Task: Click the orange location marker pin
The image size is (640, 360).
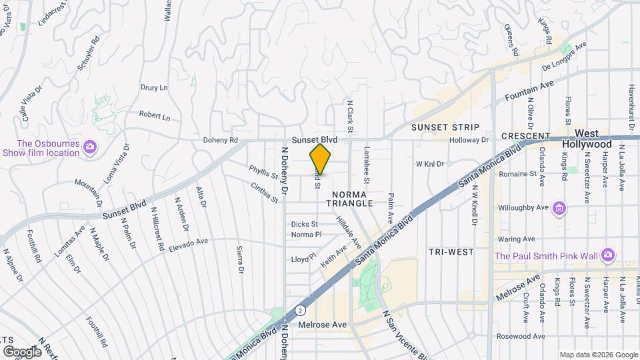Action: (321, 159)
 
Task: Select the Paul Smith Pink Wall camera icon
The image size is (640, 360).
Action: (607, 255)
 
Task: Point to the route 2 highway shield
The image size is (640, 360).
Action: (301, 310)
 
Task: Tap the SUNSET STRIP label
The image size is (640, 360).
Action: (445, 127)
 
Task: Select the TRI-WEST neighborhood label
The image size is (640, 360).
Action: (451, 252)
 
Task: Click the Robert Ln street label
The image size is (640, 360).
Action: (155, 117)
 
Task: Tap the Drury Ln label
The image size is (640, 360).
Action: (153, 87)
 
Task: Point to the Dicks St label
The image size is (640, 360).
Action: (305, 224)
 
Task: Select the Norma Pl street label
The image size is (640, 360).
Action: (306, 235)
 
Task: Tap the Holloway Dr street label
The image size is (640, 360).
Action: (470, 140)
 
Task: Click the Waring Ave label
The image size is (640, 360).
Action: (516, 239)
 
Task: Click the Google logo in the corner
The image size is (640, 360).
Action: (22, 352)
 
